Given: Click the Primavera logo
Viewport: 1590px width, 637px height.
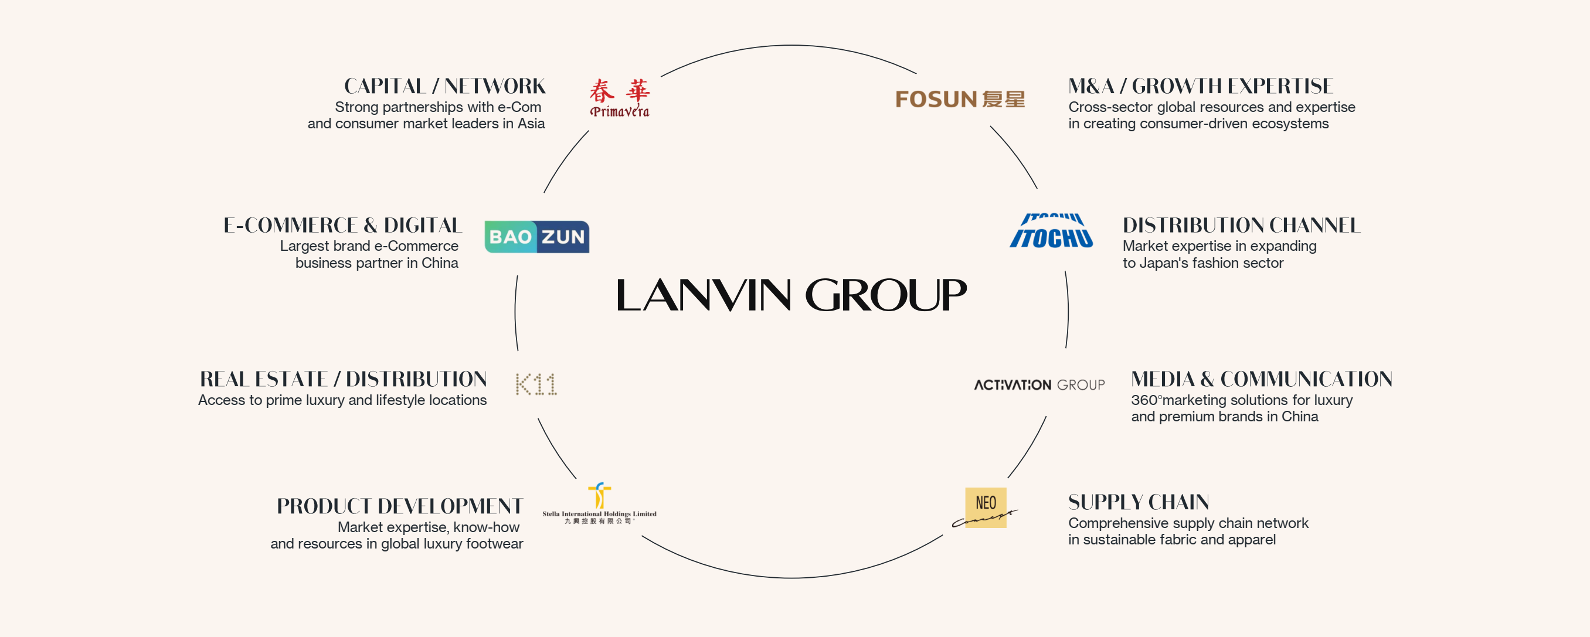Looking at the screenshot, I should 619,97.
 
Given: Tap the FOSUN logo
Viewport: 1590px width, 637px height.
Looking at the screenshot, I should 960,99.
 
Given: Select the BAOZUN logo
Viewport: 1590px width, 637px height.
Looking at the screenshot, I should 536,237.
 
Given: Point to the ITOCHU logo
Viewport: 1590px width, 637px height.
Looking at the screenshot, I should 1051,231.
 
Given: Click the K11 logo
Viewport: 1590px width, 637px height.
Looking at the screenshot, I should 536,384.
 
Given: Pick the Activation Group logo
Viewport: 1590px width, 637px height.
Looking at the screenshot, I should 1039,385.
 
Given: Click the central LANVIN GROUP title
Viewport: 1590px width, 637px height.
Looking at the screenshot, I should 791,294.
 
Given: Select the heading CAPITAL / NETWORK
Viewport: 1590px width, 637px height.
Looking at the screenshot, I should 444,86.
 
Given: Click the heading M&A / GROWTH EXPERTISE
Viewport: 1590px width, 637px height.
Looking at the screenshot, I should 1201,86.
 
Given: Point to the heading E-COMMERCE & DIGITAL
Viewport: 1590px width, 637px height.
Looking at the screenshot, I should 342,225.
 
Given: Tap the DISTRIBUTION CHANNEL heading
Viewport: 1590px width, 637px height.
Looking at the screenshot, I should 1241,225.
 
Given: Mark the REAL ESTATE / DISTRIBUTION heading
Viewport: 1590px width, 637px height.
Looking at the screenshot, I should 343,379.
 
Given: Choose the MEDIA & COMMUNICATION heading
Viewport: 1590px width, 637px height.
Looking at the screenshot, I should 1262,379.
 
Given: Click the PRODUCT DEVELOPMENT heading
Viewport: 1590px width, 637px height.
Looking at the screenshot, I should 399,506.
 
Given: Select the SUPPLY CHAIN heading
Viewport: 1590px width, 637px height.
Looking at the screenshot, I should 1138,502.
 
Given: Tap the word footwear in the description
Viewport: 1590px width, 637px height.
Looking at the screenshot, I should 494,544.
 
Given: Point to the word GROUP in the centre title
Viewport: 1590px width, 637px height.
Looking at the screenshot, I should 886,294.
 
